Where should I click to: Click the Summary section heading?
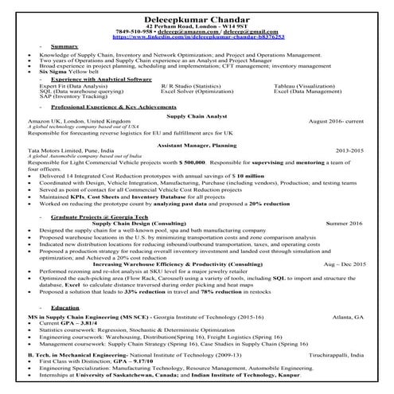coord(64,47)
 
